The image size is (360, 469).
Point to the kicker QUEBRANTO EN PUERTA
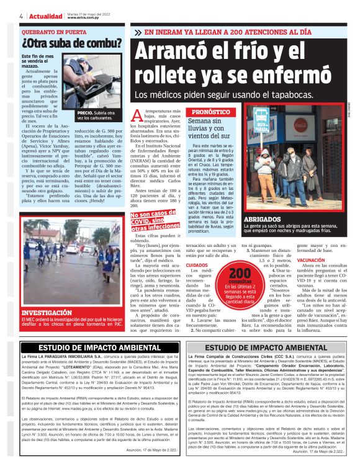(x=54, y=31)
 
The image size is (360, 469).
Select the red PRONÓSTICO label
(x=210, y=112)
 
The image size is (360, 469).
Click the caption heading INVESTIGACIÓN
(x=48, y=313)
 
